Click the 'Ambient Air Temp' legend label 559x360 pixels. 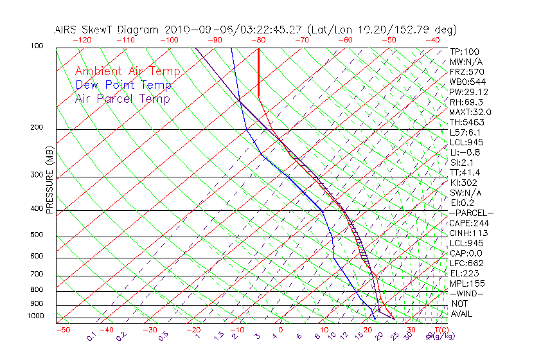pyautogui.click(x=127, y=71)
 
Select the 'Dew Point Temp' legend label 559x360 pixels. pyautogui.click(x=123, y=85)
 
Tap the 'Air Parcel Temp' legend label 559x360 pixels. pyautogui.click(x=122, y=98)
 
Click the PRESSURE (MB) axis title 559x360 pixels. pyautogui.click(x=50, y=183)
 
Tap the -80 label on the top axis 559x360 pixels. pyautogui.click(x=258, y=40)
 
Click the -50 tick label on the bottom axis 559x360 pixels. pyautogui.click(x=62, y=330)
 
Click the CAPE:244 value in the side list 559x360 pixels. pyautogui.click(x=470, y=223)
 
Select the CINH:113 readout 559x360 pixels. pyautogui.click(x=470, y=233)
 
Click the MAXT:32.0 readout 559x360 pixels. pyautogui.click(x=471, y=112)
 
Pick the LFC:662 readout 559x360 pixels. pyautogui.click(x=467, y=263)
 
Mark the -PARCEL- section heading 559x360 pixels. pyautogui.click(x=472, y=213)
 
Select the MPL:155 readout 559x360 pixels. pyautogui.click(x=467, y=283)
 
